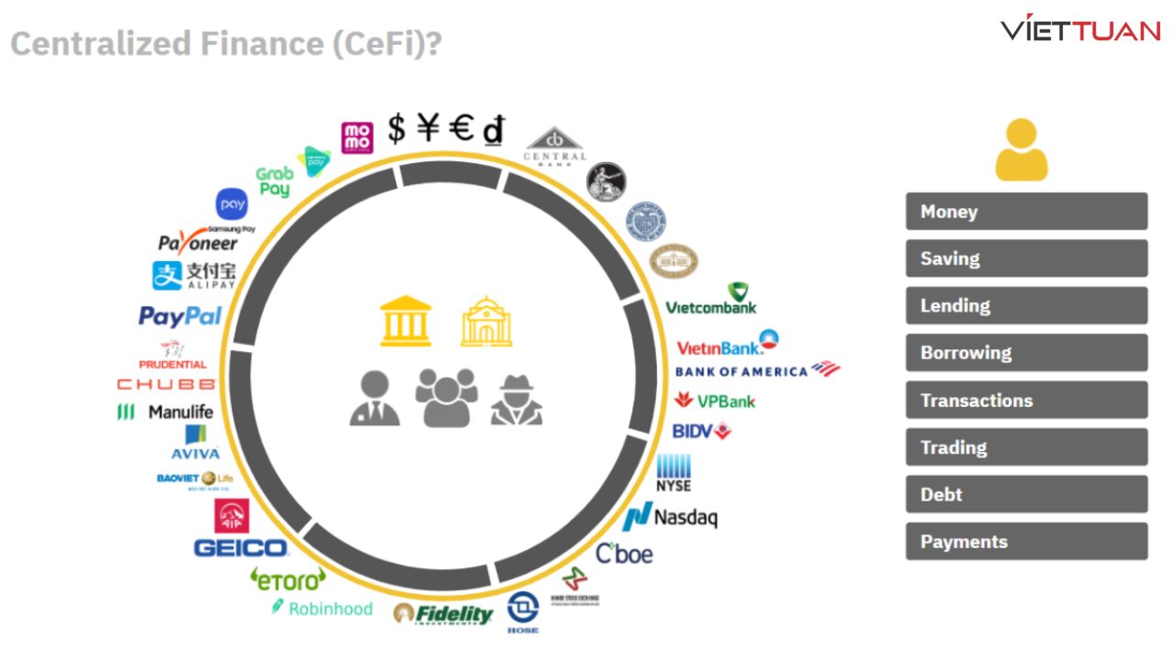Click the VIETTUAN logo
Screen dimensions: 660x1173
[x=1080, y=29]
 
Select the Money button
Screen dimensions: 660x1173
[x=1026, y=212]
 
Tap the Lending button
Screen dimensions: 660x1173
[x=1026, y=306]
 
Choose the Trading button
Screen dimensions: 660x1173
[x=1026, y=447]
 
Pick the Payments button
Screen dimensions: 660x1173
[x=1026, y=542]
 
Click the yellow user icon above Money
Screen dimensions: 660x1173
[x=1021, y=149]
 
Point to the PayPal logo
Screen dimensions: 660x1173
[x=181, y=316]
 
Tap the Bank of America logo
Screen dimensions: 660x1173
[x=757, y=370]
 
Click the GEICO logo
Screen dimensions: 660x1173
[x=241, y=548]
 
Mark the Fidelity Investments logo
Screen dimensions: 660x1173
[x=444, y=614]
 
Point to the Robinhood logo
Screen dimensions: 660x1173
[x=323, y=608]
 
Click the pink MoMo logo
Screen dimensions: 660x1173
[x=357, y=137]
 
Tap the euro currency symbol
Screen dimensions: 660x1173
[x=461, y=129]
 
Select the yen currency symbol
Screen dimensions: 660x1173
[x=428, y=129]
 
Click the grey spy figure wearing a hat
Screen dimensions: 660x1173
[x=517, y=400]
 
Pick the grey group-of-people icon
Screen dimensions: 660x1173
[x=446, y=397]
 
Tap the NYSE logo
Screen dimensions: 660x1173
[x=674, y=473]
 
